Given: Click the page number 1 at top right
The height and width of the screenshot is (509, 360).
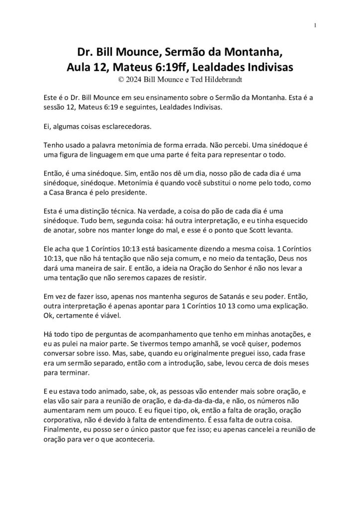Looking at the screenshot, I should pyautogui.click(x=316, y=25).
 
